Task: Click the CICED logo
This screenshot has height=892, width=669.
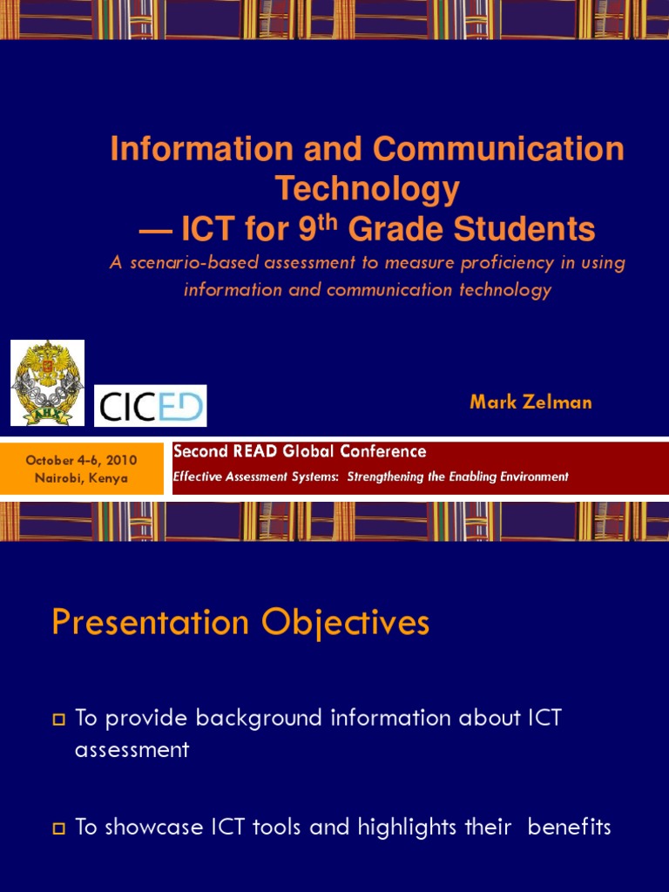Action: point(150,406)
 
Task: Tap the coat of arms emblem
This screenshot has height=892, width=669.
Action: point(47,382)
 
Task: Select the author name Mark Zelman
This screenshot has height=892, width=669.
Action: point(530,402)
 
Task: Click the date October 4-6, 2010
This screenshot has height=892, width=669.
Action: point(81,460)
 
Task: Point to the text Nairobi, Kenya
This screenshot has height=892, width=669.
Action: point(81,477)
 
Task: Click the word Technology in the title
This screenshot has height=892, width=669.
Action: point(367,188)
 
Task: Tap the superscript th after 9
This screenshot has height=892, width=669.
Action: point(326,221)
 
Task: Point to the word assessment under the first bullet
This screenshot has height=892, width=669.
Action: point(132,749)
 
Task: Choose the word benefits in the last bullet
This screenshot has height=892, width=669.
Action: point(566,827)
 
